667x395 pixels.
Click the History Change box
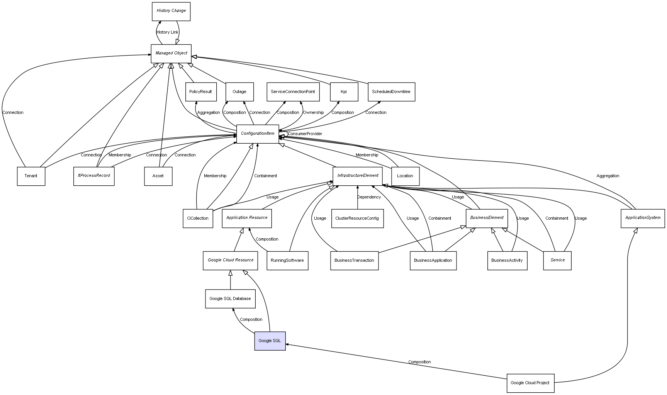pos(171,11)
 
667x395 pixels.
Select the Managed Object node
pos(171,53)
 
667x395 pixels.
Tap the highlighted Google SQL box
pos(270,341)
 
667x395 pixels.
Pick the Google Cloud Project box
pos(530,383)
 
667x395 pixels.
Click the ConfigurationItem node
pos(258,134)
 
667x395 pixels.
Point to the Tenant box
pos(31,176)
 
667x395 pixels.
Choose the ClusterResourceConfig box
pos(357,219)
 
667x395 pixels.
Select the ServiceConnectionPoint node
pos(293,92)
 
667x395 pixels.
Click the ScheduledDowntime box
pos(391,92)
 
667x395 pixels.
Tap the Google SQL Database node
pos(230,299)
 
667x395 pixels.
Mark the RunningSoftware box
pos(287,261)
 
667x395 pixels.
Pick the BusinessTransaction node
pos(354,261)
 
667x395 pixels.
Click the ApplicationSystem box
pos(643,218)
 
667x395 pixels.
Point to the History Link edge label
pos(168,32)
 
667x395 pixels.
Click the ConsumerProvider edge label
pos(305,134)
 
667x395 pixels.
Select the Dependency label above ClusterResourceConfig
pos(369,197)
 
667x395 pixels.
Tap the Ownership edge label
pos(313,113)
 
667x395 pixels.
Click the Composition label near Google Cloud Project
pos(419,362)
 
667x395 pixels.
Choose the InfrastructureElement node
pos(358,176)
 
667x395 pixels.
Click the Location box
pos(405,176)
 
